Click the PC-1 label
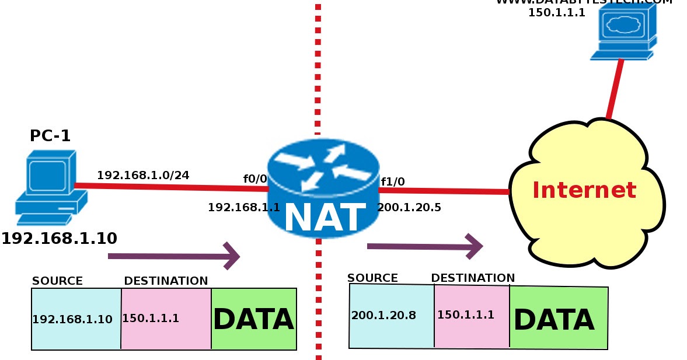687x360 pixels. (x=50, y=136)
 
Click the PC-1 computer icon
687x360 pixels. (x=50, y=187)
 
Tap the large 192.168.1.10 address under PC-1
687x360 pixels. (x=59, y=238)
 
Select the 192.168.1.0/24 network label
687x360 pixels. (x=143, y=174)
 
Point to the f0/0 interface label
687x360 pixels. (x=255, y=179)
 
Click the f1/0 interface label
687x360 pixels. (x=393, y=181)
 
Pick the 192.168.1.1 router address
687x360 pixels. (x=244, y=207)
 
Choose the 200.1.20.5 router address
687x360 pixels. (x=409, y=207)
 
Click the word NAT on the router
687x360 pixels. (x=325, y=218)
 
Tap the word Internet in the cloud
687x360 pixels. (x=584, y=190)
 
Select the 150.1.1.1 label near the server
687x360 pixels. (x=556, y=12)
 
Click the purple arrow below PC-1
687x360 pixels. (x=174, y=256)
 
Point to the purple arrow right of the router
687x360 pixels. (x=425, y=246)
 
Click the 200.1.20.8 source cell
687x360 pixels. (x=383, y=315)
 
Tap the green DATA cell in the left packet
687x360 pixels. (x=253, y=319)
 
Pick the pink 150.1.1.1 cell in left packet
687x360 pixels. (x=151, y=318)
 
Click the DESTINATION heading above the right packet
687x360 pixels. (x=473, y=278)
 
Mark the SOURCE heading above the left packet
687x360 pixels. (x=57, y=281)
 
